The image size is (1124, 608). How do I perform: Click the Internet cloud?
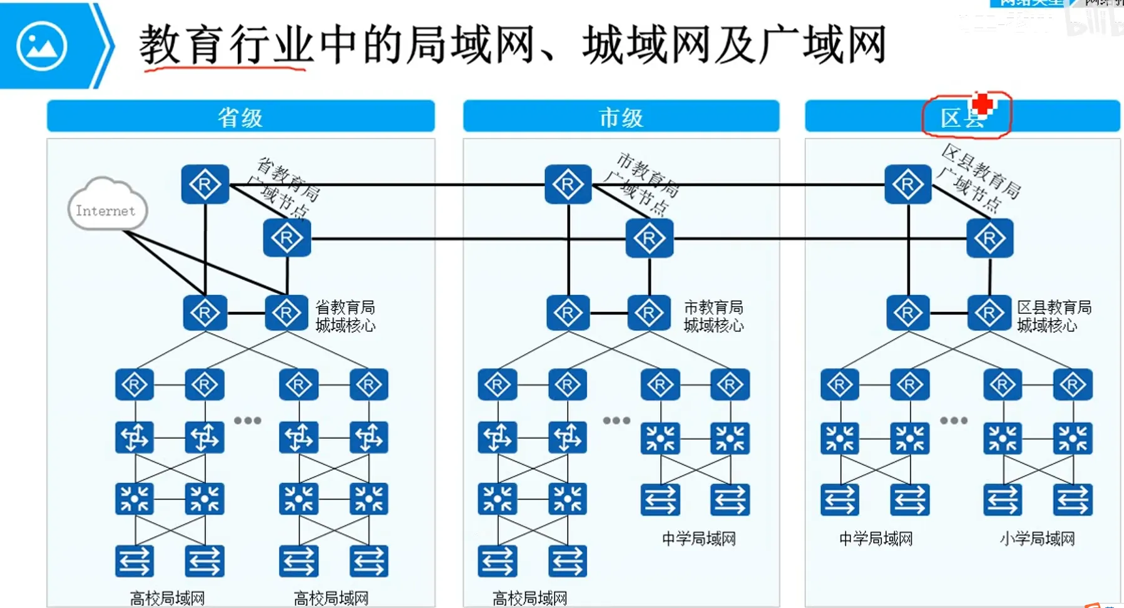click(x=106, y=205)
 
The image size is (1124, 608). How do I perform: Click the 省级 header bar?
click(x=240, y=116)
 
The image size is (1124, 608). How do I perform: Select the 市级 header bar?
click(x=621, y=116)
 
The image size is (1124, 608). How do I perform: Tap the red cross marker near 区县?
click(x=983, y=103)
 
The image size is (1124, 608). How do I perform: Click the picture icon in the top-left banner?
click(x=42, y=46)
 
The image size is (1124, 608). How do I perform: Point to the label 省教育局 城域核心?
click(x=345, y=316)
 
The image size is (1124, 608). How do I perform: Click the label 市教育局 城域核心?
click(x=713, y=316)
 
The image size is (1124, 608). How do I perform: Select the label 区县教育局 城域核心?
click(x=1054, y=316)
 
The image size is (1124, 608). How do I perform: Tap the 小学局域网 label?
click(x=1037, y=538)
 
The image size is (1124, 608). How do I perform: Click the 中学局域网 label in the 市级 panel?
click(x=698, y=538)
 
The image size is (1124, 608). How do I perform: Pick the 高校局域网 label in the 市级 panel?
click(x=529, y=598)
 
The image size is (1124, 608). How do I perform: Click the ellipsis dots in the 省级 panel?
click(x=248, y=420)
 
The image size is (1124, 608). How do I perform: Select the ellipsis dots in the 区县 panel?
click(x=954, y=420)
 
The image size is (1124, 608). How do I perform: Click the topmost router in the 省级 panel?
click(x=205, y=185)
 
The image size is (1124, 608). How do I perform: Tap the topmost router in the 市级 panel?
click(x=568, y=185)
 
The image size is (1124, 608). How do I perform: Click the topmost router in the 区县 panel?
click(x=907, y=185)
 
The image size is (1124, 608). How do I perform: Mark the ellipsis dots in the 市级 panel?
click(x=616, y=420)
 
